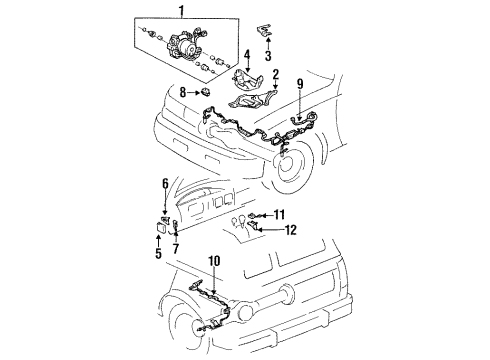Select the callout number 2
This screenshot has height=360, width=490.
pos(274,75)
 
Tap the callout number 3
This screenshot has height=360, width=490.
pos(266,57)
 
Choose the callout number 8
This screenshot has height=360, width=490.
pos(183,93)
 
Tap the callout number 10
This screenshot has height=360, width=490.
pos(213,262)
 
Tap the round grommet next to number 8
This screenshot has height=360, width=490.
pos(204,93)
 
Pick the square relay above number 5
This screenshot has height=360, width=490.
pos(162,227)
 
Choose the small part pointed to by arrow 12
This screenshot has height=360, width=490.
pos(258,229)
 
